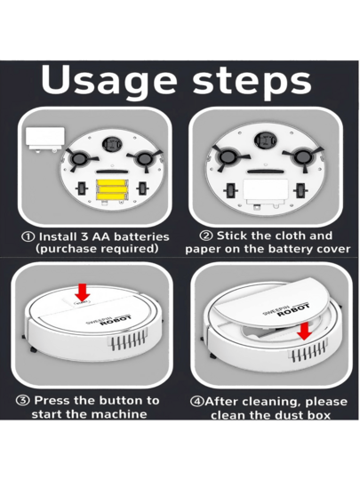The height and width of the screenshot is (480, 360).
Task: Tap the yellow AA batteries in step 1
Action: click(111, 187)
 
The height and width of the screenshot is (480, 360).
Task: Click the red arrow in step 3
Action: click(82, 292)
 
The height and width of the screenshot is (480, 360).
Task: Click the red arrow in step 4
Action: click(304, 332)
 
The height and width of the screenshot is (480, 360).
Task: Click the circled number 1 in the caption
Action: click(28, 237)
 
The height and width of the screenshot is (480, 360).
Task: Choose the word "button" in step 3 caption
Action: click(122, 400)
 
